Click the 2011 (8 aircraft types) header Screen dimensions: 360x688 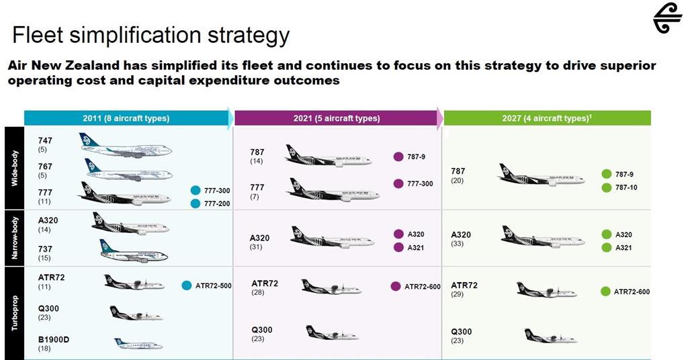tap(126, 118)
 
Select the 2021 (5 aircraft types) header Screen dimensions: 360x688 tap(336, 118)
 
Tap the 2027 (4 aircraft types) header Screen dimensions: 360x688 tap(546, 118)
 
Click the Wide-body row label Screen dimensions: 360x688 tap(14, 168)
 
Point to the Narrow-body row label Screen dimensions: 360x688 tap(14, 238)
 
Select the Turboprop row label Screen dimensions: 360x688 tap(14, 312)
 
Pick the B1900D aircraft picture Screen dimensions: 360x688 tap(138, 344)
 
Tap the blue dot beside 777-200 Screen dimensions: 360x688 tap(196, 204)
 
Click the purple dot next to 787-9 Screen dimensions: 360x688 tap(398, 157)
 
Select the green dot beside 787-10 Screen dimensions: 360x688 tap(607, 187)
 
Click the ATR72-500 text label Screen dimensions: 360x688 tap(213, 285)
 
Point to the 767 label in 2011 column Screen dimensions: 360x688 tap(45, 167)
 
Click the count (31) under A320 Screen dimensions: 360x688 tap(256, 247)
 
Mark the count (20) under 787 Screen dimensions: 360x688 tap(458, 181)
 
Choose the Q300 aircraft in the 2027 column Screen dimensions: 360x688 tap(550, 336)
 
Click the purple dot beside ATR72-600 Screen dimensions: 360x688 tap(396, 287)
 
